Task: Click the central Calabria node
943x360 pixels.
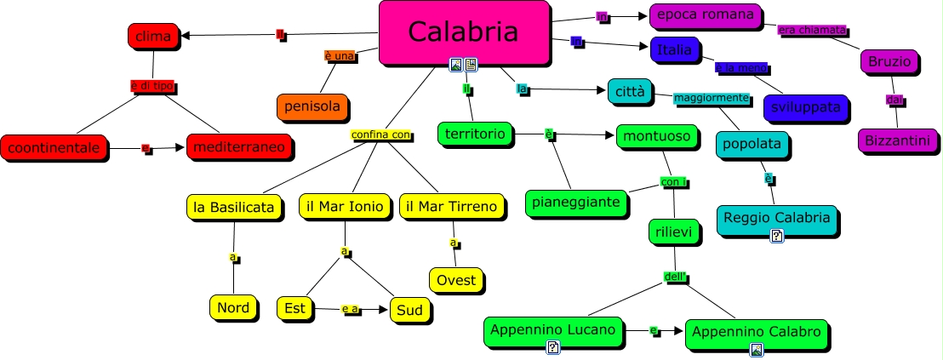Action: pos(463,32)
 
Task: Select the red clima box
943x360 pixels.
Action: pos(153,36)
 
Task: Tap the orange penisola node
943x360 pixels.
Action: pos(312,106)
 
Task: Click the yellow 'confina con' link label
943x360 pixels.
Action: pos(380,134)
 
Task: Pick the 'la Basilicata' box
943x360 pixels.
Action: pos(234,207)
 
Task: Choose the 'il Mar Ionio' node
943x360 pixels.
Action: pos(345,207)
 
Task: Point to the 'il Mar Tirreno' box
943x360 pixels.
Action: pos(451,207)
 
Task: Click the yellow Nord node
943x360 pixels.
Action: pos(232,307)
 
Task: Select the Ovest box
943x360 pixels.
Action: pos(456,279)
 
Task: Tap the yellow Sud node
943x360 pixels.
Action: pos(409,310)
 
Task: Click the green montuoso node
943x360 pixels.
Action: pos(658,136)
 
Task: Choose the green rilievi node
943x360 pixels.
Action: pos(674,231)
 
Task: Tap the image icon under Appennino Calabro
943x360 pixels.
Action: pos(756,349)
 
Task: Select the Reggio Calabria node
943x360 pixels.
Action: pos(776,218)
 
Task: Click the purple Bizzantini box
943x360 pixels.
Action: pos(897,140)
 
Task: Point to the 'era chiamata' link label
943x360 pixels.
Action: pos(812,30)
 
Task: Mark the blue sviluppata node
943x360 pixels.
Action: pos(805,107)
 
